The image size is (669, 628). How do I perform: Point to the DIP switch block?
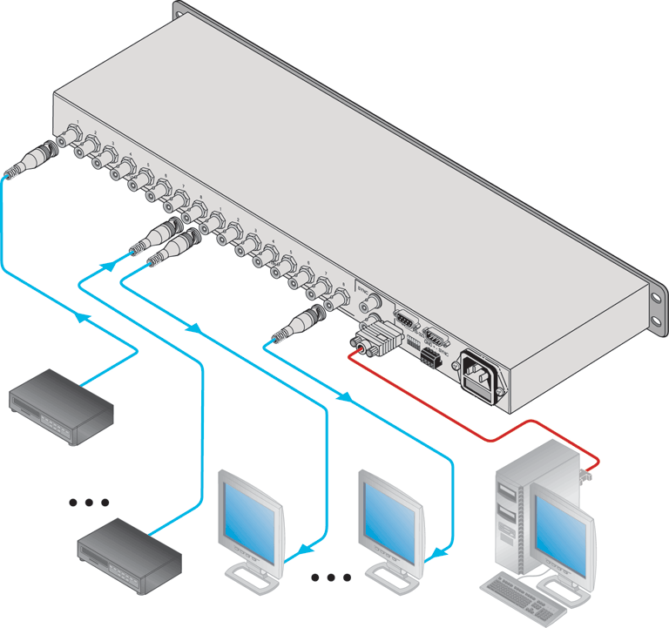point(412,341)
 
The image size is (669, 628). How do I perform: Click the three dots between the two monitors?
point(331,577)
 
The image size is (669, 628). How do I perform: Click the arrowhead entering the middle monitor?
point(441,550)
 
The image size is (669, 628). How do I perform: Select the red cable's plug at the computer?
point(585,475)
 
